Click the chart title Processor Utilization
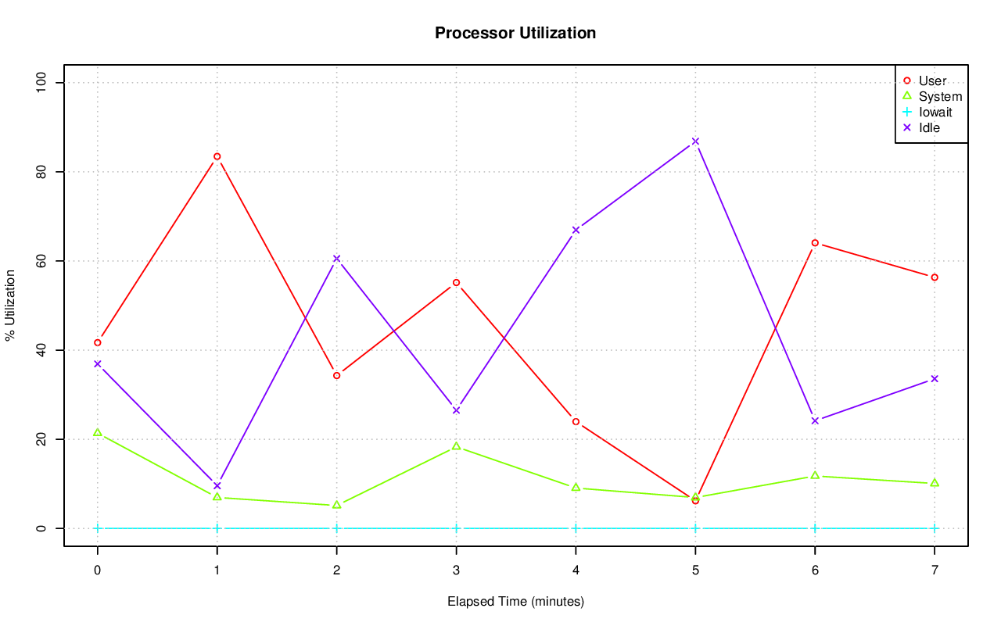pyautogui.click(x=515, y=34)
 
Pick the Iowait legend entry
pyautogui.click(x=935, y=112)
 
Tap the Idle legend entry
pyautogui.click(x=929, y=127)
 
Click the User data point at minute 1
pyautogui.click(x=217, y=156)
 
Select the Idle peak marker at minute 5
pyautogui.click(x=695, y=141)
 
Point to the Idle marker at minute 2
pyautogui.click(x=336, y=259)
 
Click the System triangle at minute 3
pyautogui.click(x=456, y=446)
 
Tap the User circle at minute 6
pyautogui.click(x=815, y=243)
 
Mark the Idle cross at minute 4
pyautogui.click(x=576, y=230)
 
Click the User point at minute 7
pyautogui.click(x=935, y=277)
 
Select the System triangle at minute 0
pyautogui.click(x=97, y=432)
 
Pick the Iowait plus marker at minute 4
pyautogui.click(x=576, y=528)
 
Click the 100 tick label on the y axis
pyautogui.click(x=41, y=83)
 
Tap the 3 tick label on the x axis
pyautogui.click(x=456, y=571)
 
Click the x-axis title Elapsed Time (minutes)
pyautogui.click(x=515, y=602)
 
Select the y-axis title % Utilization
pyautogui.click(x=10, y=306)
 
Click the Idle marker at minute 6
pyautogui.click(x=815, y=420)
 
